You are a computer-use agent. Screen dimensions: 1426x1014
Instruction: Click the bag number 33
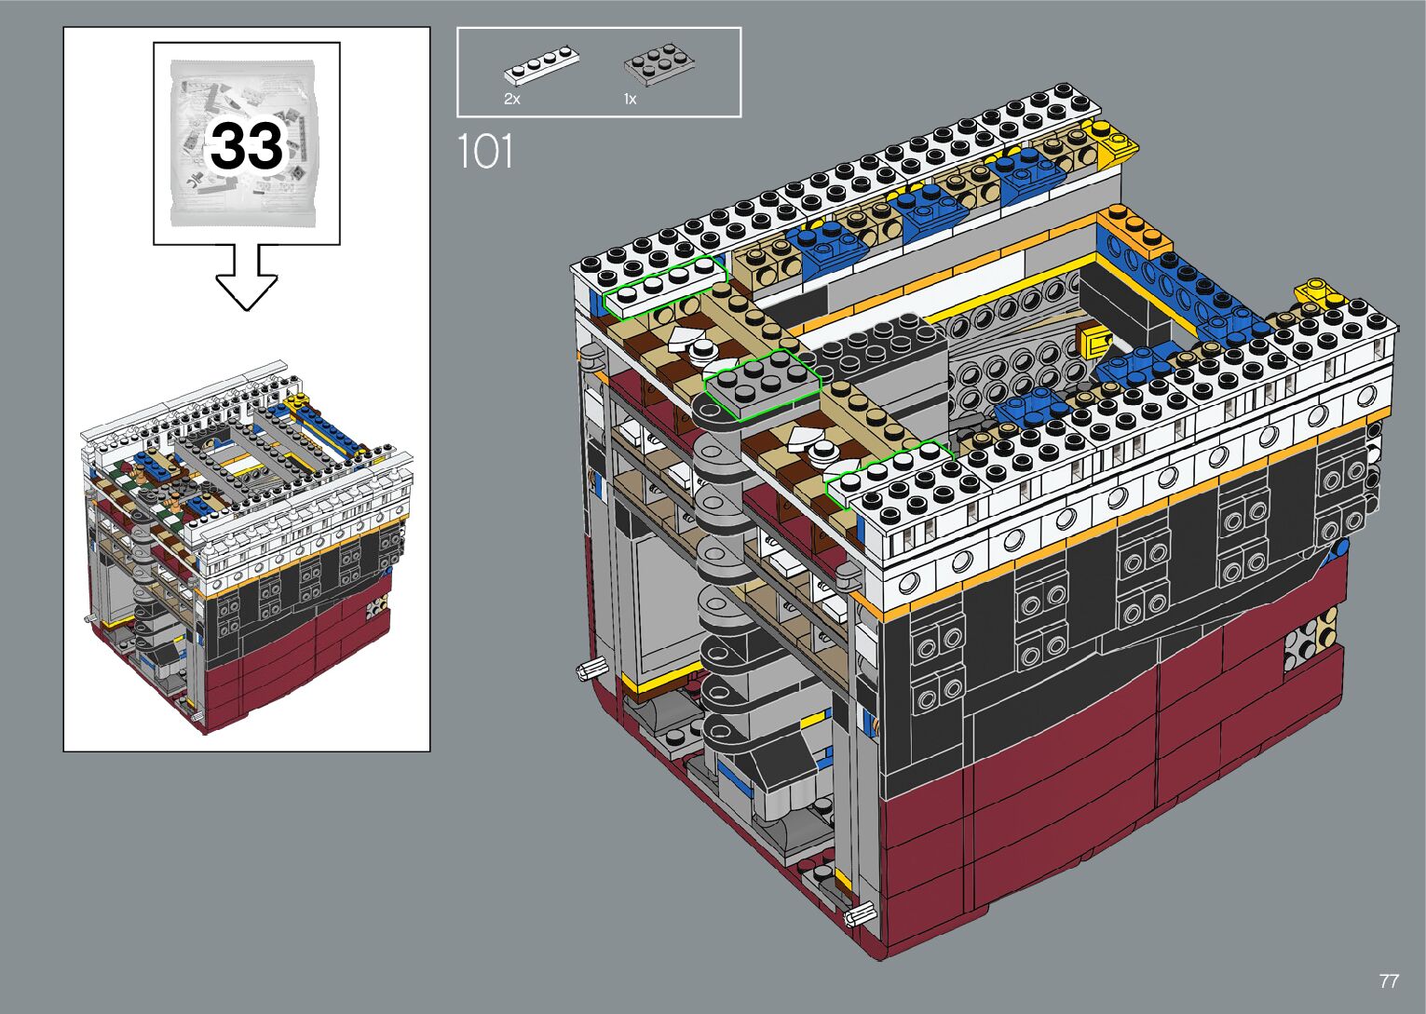pyautogui.click(x=247, y=146)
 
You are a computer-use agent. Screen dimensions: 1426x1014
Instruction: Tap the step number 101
pyautogui.click(x=485, y=152)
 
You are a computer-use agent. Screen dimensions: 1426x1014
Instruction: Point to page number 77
pyautogui.click(x=1389, y=980)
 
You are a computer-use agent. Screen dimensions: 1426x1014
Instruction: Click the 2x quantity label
pyautogui.click(x=512, y=99)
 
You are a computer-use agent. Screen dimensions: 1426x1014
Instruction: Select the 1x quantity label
pyautogui.click(x=630, y=99)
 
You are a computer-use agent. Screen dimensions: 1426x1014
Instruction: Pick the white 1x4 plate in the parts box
pyautogui.click(x=542, y=65)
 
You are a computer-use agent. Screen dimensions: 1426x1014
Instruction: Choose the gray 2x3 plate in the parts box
pyautogui.click(x=659, y=64)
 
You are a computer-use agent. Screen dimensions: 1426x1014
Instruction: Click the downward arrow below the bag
pyautogui.click(x=247, y=277)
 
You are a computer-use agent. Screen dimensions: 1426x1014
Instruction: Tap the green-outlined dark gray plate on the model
pyautogui.click(x=762, y=384)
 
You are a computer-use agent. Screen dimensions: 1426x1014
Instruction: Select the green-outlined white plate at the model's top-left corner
pyautogui.click(x=665, y=287)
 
